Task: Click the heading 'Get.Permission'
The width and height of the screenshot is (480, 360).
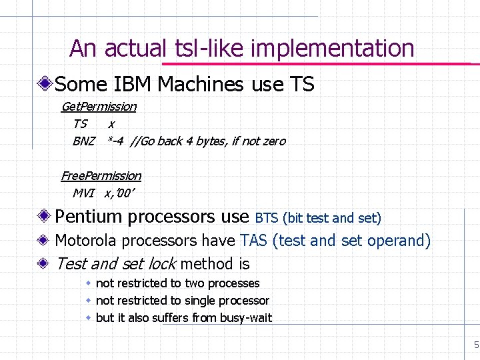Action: coord(99,107)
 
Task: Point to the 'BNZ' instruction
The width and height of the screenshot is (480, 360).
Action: coord(83,141)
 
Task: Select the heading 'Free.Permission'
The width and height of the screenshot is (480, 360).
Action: coord(101,176)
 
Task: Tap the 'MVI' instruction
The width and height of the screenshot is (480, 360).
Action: coord(83,193)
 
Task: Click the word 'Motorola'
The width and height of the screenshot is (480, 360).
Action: coord(88,241)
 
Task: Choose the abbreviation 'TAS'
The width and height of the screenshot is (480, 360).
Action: coord(253,241)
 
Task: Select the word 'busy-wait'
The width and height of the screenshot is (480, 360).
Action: coord(246,318)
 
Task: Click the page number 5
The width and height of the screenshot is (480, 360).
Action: coord(476,345)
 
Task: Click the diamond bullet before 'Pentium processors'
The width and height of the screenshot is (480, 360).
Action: coord(45,217)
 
